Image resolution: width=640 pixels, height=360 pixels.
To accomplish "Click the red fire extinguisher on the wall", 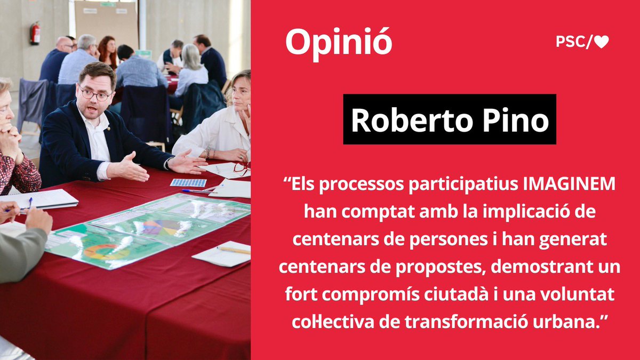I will pyautogui.click(x=35, y=33).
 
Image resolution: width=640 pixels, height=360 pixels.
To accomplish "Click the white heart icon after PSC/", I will pyautogui.click(x=602, y=43).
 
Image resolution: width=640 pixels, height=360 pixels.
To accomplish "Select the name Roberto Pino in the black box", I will pyautogui.click(x=449, y=120).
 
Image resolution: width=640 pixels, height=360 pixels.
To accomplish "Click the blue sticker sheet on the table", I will pyautogui.click(x=188, y=182).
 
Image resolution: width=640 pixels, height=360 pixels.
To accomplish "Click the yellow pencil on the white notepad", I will pyautogui.click(x=233, y=250).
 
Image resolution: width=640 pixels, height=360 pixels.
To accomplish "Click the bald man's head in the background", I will pyautogui.click(x=64, y=44).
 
